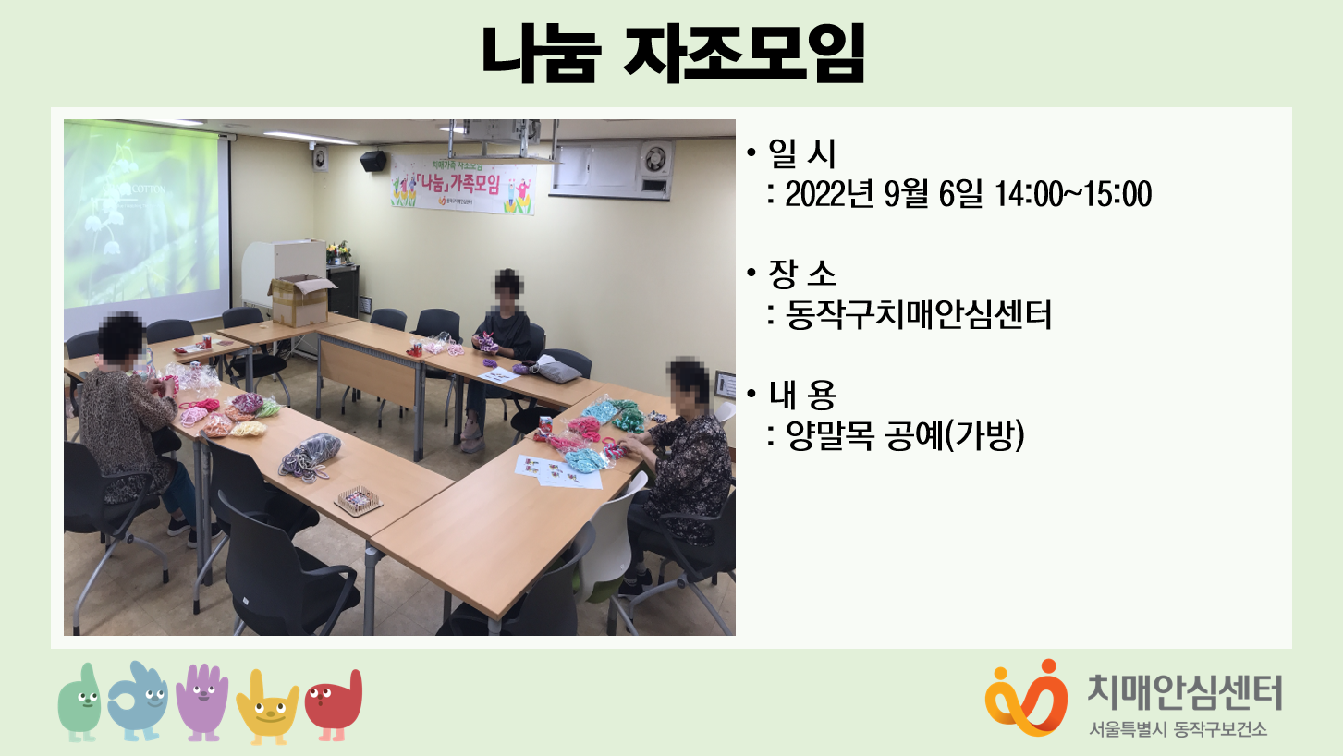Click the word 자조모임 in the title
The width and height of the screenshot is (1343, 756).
click(744, 53)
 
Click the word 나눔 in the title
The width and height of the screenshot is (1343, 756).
click(541, 53)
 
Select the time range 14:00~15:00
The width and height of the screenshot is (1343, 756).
click(1072, 194)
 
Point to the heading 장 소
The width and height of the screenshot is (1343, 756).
click(801, 274)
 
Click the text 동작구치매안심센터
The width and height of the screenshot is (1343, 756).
click(918, 315)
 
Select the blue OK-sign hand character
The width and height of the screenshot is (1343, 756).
click(138, 701)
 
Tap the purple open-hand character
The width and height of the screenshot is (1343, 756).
click(202, 701)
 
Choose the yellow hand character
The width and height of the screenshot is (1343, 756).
click(267, 707)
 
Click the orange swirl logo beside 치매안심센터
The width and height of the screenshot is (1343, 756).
click(1027, 698)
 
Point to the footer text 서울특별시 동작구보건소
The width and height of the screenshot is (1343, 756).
click(1178, 729)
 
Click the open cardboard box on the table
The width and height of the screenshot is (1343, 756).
click(300, 301)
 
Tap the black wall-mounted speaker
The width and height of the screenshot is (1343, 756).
click(372, 161)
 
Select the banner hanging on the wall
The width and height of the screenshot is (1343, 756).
click(463, 183)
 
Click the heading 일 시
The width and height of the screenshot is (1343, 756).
click(801, 153)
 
